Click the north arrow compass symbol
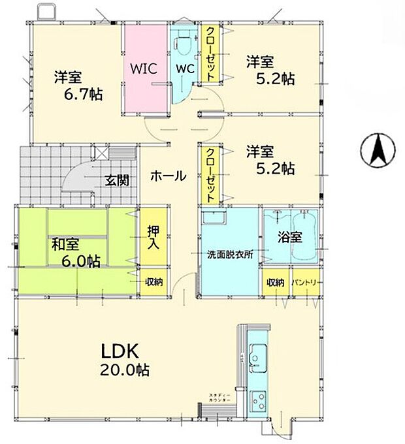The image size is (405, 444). pos(377,149)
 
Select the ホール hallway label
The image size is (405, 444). pos(169,176)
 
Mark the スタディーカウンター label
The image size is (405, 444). pos(218,398)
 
